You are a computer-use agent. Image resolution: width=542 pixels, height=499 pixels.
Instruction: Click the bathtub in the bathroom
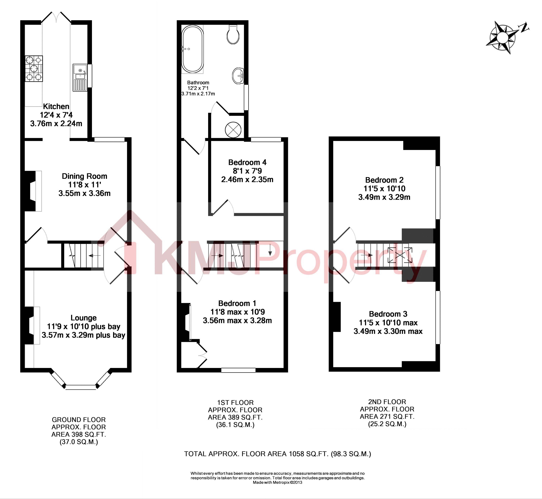click(x=192, y=49)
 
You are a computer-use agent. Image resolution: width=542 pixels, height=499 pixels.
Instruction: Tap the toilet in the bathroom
click(x=233, y=35)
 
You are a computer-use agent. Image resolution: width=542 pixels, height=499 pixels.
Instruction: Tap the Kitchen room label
click(x=56, y=106)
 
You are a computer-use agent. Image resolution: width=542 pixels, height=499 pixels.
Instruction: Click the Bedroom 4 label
click(x=247, y=162)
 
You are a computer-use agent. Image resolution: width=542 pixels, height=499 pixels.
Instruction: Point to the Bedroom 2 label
click(x=384, y=180)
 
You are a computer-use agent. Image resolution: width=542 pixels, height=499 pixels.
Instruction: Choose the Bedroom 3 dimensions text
click(x=388, y=327)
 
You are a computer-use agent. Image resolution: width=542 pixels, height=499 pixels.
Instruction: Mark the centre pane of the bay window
click(x=81, y=387)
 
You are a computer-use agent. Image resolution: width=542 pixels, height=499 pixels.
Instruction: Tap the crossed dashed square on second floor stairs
click(x=400, y=255)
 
